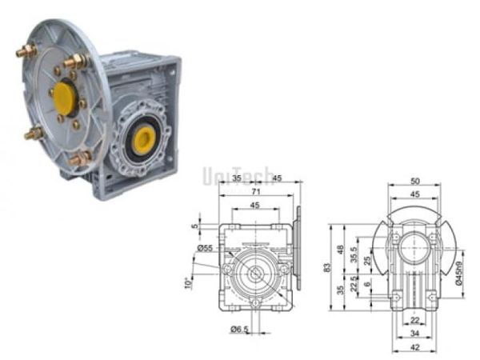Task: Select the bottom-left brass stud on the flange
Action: click(x=33, y=134)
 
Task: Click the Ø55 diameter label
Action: click(x=206, y=248)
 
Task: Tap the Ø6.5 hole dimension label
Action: click(x=237, y=328)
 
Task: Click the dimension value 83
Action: click(x=326, y=267)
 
